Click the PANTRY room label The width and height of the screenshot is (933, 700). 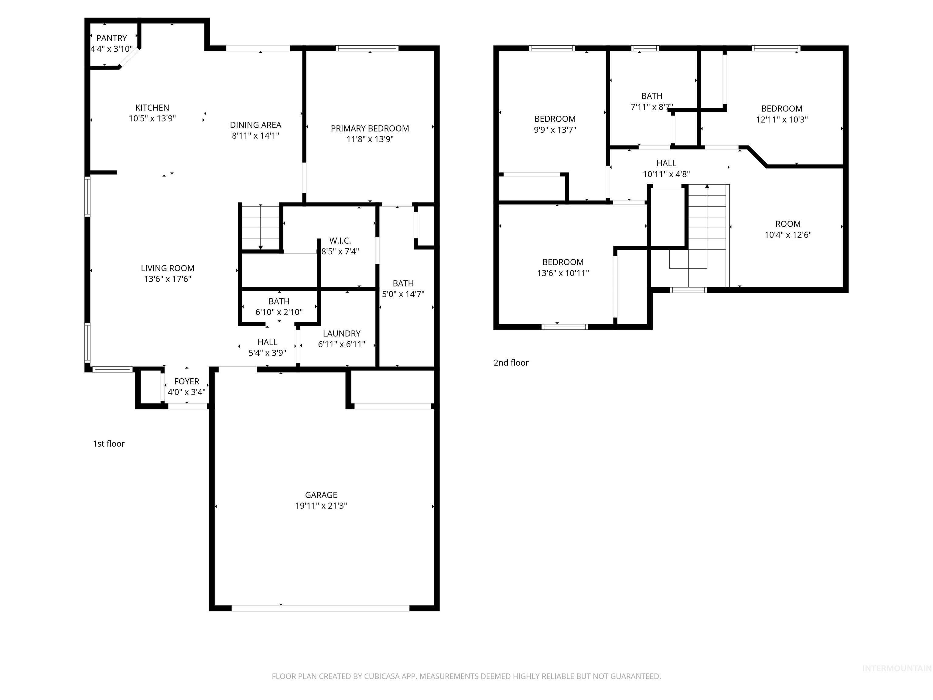coord(111,38)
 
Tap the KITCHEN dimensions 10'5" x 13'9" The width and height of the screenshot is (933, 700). coord(152,118)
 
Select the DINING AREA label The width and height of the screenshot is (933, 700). coord(256,125)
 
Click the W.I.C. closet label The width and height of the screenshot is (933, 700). coord(340,241)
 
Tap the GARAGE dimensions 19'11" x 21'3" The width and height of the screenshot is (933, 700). coord(321,506)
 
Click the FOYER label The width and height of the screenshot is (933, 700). coord(186,381)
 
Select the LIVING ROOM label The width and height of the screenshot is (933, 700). coord(167,268)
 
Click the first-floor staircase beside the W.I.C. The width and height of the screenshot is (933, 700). coord(260,228)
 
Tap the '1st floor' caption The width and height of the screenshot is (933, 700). coord(109,444)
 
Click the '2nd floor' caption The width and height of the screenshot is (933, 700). coord(511,363)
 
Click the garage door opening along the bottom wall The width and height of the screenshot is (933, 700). coord(320,608)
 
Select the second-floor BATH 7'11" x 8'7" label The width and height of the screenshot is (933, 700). coord(652,97)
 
